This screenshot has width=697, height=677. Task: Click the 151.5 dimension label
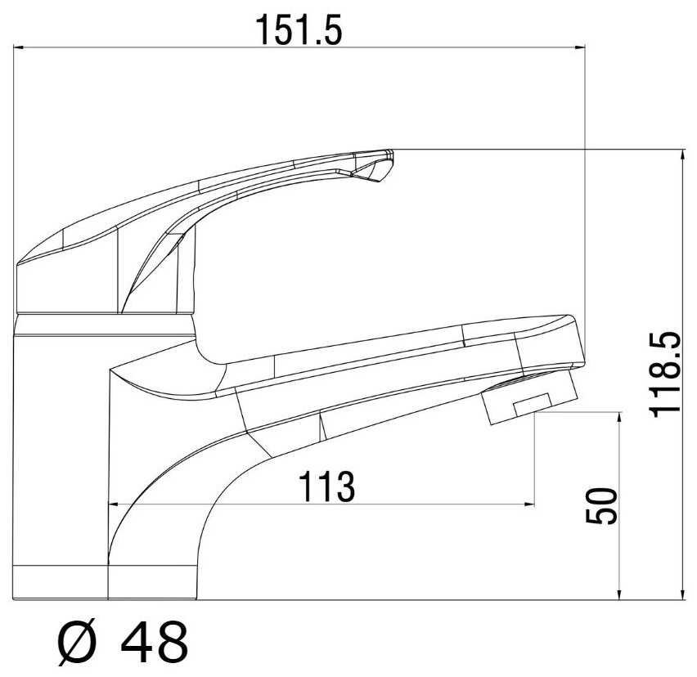(299, 30)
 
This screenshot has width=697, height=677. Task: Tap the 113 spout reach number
(326, 486)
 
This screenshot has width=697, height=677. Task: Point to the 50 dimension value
(602, 506)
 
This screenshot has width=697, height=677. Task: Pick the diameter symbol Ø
(76, 643)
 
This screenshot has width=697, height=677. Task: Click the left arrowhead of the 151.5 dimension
(18, 47)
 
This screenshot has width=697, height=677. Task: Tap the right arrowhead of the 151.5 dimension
(580, 47)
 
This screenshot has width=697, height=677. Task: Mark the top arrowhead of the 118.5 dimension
(683, 155)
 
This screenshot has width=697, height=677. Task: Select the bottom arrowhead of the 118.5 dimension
(683, 594)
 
